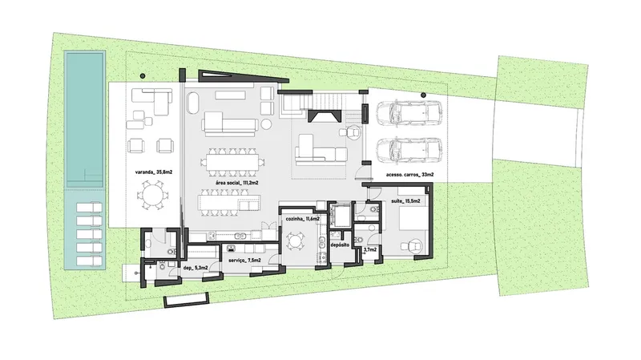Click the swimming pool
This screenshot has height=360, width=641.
85,119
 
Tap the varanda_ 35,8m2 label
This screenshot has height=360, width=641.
154,172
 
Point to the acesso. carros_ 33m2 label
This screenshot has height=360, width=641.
409,175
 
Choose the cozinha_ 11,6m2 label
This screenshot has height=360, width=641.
303,219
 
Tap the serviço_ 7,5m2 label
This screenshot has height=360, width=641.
244,261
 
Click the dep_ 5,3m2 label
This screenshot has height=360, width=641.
196,268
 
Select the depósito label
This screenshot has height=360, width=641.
340,245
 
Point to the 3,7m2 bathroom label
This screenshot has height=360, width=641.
370,249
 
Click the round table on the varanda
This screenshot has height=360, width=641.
152,194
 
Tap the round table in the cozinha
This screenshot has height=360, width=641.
295,241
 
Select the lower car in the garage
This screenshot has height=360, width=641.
409,150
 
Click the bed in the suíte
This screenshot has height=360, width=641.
413,219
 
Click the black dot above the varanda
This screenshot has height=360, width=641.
143,76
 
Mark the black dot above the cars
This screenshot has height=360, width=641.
424,95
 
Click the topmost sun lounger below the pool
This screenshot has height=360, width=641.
89,208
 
